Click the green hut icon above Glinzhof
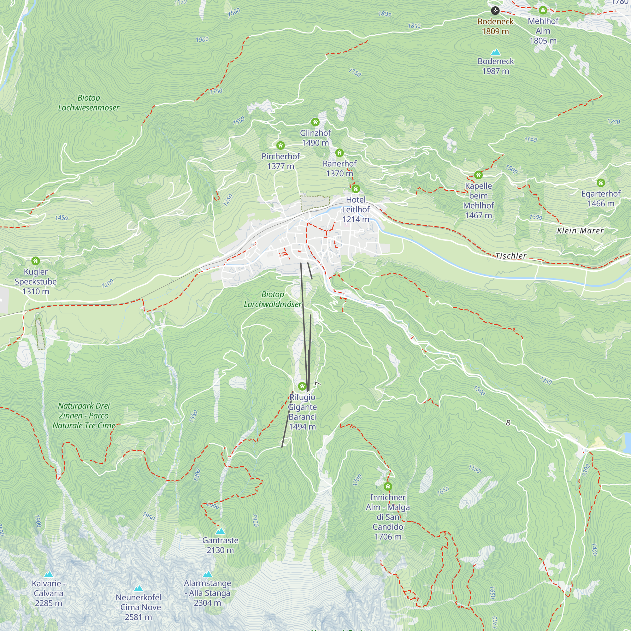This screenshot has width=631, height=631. click(x=315, y=122)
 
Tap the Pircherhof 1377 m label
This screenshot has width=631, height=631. click(x=280, y=161)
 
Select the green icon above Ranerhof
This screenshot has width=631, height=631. click(x=339, y=152)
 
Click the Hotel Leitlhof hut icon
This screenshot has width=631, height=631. click(x=356, y=188)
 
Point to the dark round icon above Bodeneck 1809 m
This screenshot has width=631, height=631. click(x=495, y=11)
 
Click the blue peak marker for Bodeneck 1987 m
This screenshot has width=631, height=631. click(x=495, y=52)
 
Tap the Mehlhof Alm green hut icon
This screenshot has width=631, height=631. click(x=543, y=10)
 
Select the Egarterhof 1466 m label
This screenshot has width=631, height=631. click(x=601, y=198)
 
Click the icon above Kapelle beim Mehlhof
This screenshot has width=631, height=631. click(x=478, y=175)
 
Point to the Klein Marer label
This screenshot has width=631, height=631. click(x=580, y=231)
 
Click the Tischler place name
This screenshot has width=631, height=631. click(x=511, y=256)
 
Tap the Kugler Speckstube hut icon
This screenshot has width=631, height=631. click(x=36, y=261)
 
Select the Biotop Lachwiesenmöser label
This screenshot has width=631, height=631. click(x=89, y=103)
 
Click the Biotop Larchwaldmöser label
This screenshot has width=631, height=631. click(x=273, y=299)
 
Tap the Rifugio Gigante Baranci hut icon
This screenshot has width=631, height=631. click(x=302, y=386)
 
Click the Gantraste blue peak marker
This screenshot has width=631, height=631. click(x=220, y=531)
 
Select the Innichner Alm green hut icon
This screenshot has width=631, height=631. click(x=388, y=487)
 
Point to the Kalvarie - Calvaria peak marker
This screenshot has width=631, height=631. click(x=49, y=574)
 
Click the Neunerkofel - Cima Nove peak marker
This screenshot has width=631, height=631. click(x=139, y=588)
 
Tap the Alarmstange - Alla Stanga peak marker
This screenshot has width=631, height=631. click(x=207, y=574)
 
